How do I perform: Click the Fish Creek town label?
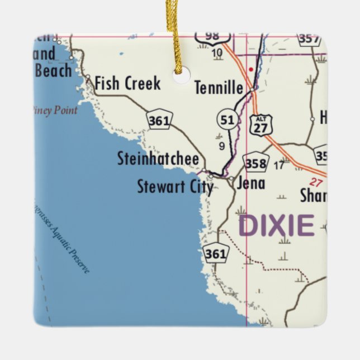(x=127, y=84)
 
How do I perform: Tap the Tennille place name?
(x=219, y=88)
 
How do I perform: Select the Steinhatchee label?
(x=158, y=159)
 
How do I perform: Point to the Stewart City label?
(x=175, y=186)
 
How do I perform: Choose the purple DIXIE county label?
(x=276, y=225)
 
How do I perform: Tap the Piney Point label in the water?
(x=55, y=110)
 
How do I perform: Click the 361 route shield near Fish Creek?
(x=160, y=119)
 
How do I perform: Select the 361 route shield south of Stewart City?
(x=215, y=253)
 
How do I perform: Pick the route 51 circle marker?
(x=227, y=120)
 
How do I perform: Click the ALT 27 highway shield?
(x=261, y=124)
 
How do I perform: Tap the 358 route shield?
(x=255, y=163)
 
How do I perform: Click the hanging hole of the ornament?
(x=182, y=74)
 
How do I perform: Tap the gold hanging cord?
(x=174, y=34)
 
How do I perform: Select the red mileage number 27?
(x=316, y=182)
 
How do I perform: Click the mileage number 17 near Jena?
(x=279, y=165)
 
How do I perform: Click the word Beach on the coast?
(x=53, y=70)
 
